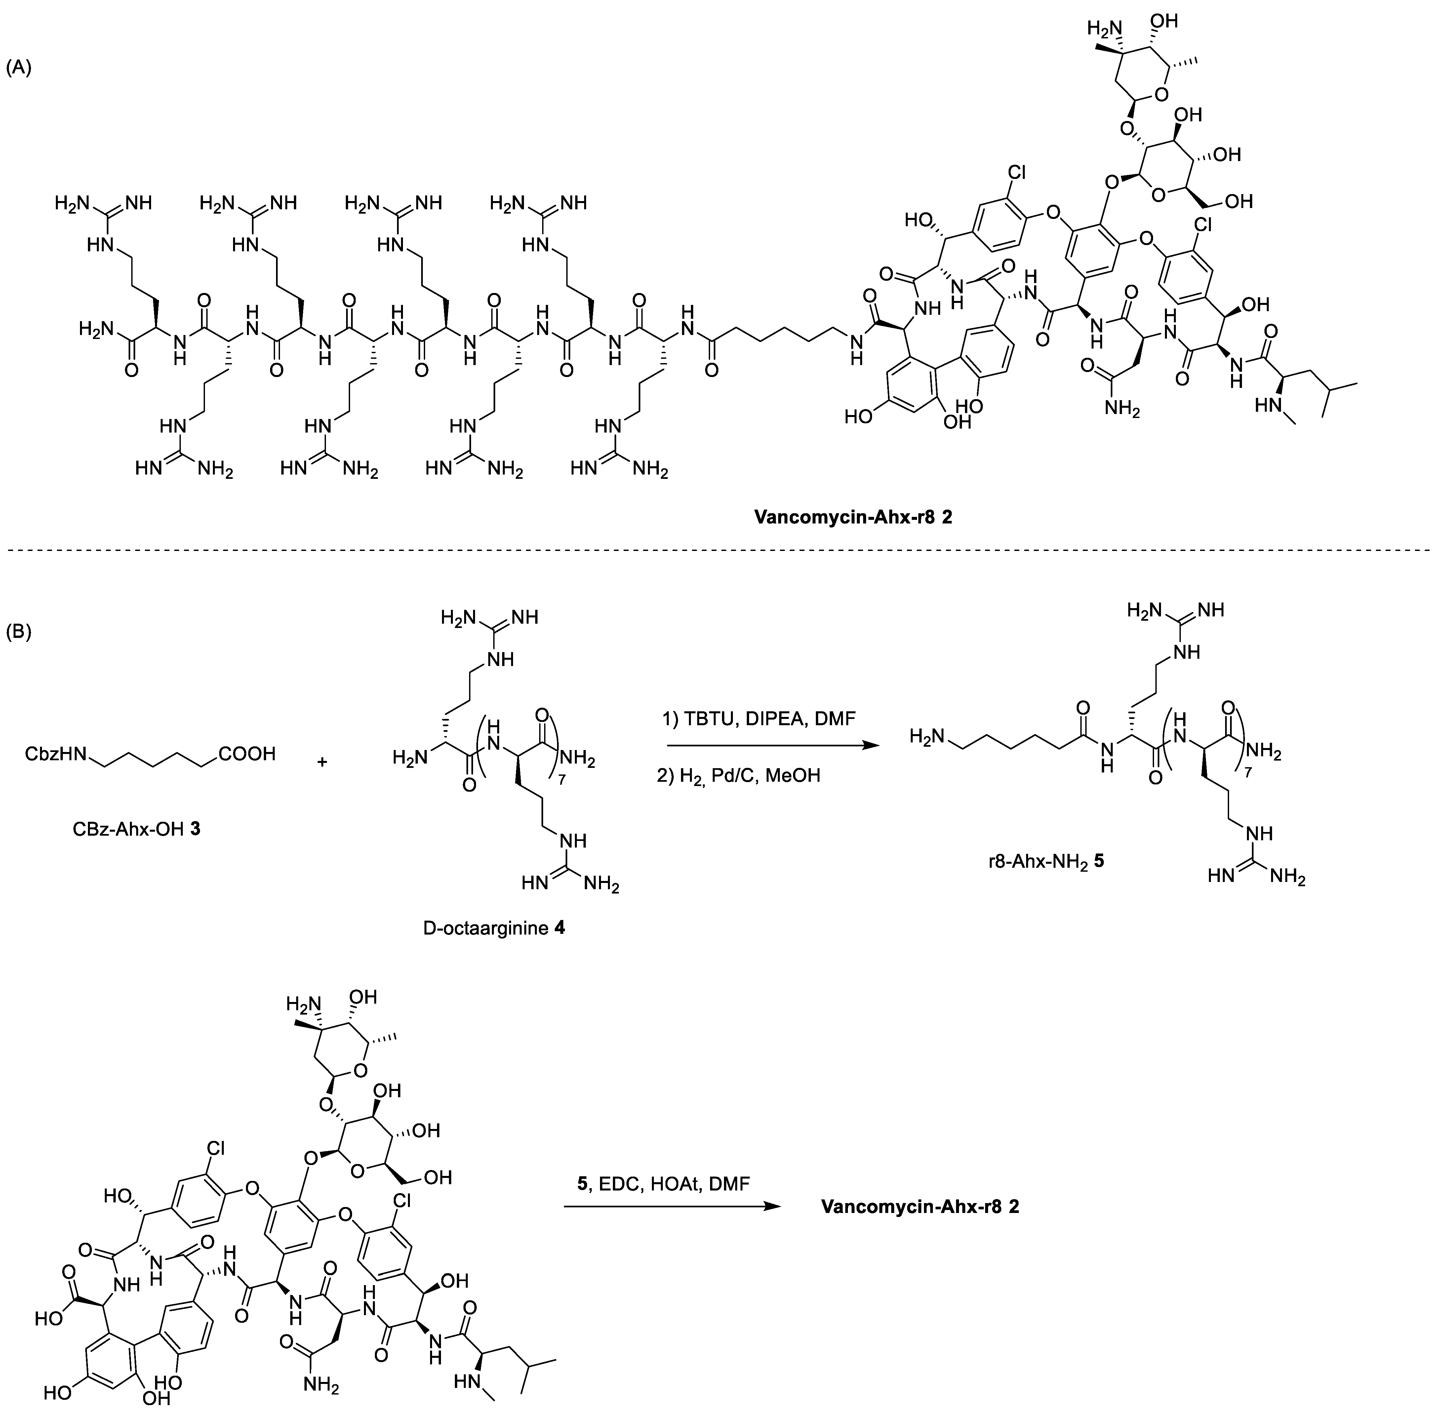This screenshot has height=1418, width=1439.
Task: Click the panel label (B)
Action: click(19, 632)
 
